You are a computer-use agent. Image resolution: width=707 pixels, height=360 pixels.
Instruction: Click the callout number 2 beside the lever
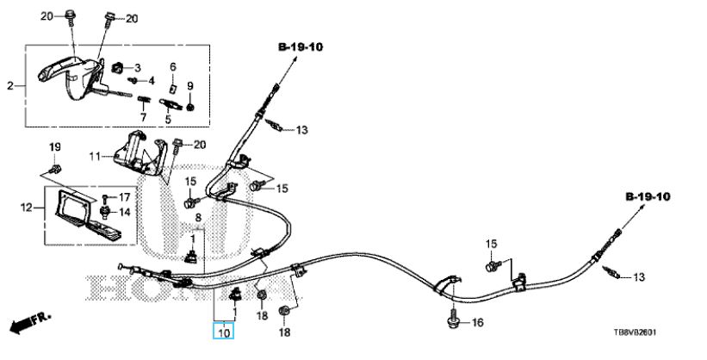(x=10, y=85)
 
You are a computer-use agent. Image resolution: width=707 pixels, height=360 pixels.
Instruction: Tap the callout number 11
(x=96, y=156)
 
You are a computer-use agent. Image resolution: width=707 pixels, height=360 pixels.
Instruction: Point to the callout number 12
(x=26, y=207)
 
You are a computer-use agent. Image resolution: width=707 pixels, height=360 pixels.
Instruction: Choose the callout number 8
(x=197, y=218)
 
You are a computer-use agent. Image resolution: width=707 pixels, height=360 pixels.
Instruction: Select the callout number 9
(x=190, y=85)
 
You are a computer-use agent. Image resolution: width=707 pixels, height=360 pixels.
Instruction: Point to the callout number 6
(x=172, y=67)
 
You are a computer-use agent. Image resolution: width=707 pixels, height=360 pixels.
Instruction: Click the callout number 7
(x=144, y=117)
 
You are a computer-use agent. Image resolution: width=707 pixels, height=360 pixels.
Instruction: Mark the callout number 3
(x=137, y=67)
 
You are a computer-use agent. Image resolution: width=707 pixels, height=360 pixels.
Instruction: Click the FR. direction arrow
(x=28, y=326)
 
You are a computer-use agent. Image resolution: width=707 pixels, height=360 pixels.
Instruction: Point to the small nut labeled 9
(x=190, y=105)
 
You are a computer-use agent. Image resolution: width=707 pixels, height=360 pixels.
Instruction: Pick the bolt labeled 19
(x=54, y=167)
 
